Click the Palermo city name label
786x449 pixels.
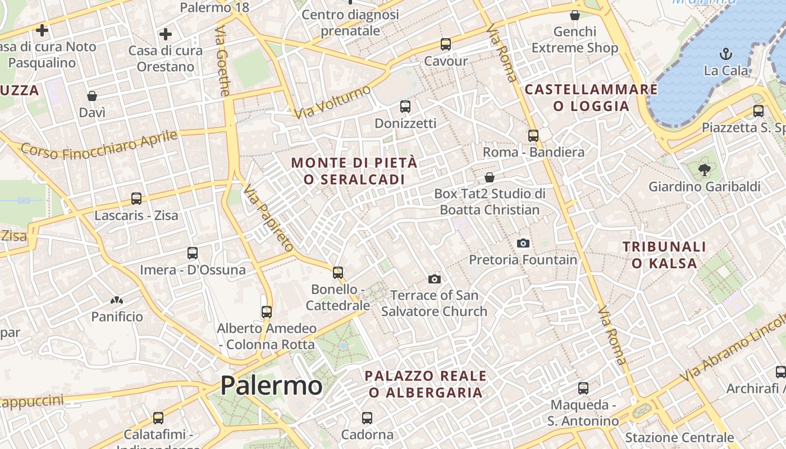point(271,386)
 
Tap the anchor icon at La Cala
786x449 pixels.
point(726,54)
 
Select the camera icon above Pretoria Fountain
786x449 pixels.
point(523,243)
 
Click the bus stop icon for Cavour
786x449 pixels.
point(446,44)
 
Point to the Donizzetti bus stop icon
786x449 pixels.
point(405,106)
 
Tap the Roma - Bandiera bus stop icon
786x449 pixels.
point(533,135)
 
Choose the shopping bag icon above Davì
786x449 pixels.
point(92,96)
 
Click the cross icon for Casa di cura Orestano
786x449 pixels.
point(165,34)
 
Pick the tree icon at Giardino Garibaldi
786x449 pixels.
point(704,169)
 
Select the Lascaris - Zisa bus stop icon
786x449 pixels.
point(136,198)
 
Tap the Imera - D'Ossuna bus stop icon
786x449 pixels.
point(193,253)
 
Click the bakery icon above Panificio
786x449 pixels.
point(117,300)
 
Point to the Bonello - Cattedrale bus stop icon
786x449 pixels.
point(338,272)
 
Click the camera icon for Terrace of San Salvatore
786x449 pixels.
point(434,279)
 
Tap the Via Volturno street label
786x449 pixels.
point(332,102)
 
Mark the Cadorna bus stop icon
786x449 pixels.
point(367,418)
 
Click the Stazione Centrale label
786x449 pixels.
point(679,437)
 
